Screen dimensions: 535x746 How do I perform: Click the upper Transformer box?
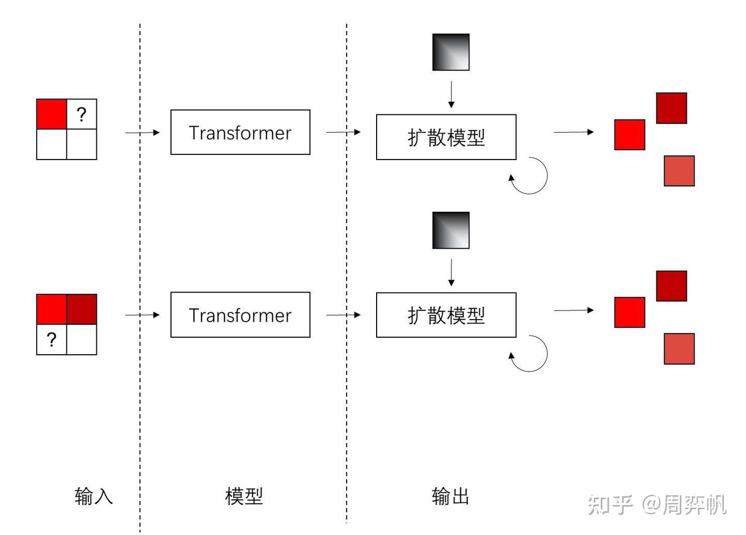(240, 132)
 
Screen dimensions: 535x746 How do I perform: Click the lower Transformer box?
(240, 315)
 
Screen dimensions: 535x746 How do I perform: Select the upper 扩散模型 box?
(446, 137)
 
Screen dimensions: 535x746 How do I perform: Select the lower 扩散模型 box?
(446, 315)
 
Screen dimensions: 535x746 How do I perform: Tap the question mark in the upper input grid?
(81, 114)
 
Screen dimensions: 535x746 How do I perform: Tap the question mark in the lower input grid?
(51, 340)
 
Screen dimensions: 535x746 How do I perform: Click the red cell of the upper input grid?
(51, 114)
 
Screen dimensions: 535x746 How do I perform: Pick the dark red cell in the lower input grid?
(82, 309)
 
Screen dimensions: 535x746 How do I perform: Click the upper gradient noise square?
(451, 52)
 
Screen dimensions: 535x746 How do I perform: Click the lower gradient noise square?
(451, 230)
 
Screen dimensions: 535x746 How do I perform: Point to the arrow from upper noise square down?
(451, 94)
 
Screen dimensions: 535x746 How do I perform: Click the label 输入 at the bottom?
(94, 496)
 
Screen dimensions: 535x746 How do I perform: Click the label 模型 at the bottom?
(244, 496)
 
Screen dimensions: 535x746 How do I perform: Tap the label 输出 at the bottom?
(450, 496)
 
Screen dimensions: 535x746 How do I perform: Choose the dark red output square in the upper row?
(671, 108)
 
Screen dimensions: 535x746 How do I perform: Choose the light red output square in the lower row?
(679, 349)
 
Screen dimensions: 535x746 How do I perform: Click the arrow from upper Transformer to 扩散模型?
(343, 132)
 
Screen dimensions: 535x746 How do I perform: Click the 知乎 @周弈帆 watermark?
(657, 504)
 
